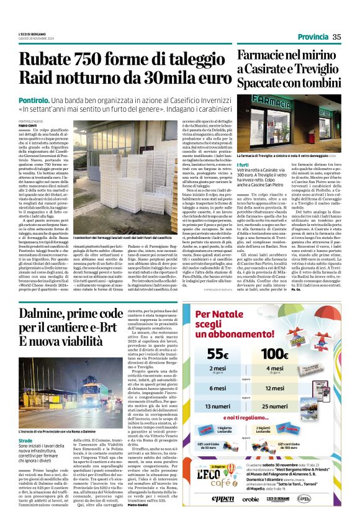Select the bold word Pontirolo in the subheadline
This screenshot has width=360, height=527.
[x=35, y=99]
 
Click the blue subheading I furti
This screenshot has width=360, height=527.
[x=243, y=164]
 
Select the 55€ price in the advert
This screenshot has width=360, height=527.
[x=217, y=354]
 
